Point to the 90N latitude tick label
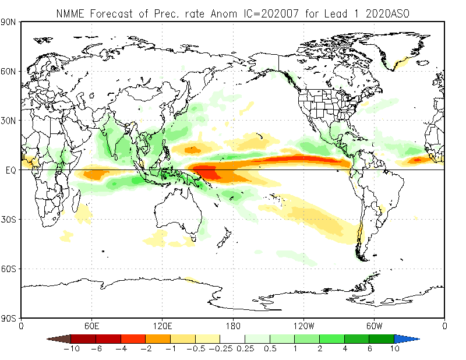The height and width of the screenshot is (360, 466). [9, 22]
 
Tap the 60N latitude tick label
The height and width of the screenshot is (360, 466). [9, 72]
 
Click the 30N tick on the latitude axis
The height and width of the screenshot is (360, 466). [9, 121]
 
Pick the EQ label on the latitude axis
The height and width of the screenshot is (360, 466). [10, 170]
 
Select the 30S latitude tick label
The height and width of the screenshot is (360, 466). [9, 220]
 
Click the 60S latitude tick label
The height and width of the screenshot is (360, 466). [9, 269]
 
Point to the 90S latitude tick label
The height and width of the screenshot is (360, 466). [9, 318]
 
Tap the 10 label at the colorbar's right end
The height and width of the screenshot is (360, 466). [394, 349]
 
